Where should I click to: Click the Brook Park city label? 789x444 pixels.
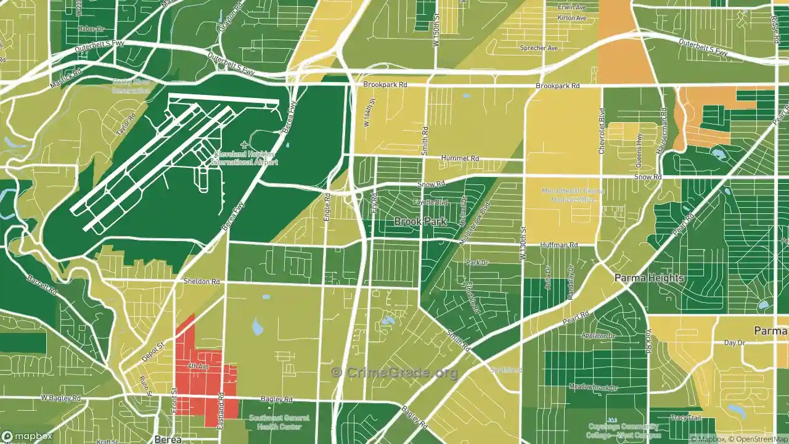pos(420,221)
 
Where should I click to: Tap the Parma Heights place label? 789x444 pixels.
pos(649,278)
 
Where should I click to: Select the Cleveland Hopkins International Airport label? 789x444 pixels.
pos(244,158)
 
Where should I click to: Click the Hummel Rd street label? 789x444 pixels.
pos(464,158)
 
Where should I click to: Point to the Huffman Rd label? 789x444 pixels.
pos(558,245)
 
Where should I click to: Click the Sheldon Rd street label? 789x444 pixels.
pos(202,281)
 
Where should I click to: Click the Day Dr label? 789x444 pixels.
pos(734,342)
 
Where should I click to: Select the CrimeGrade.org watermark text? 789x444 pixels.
pos(394,372)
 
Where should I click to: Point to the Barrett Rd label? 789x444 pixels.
pos(42,285)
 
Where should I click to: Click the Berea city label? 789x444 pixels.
pos(168,439)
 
